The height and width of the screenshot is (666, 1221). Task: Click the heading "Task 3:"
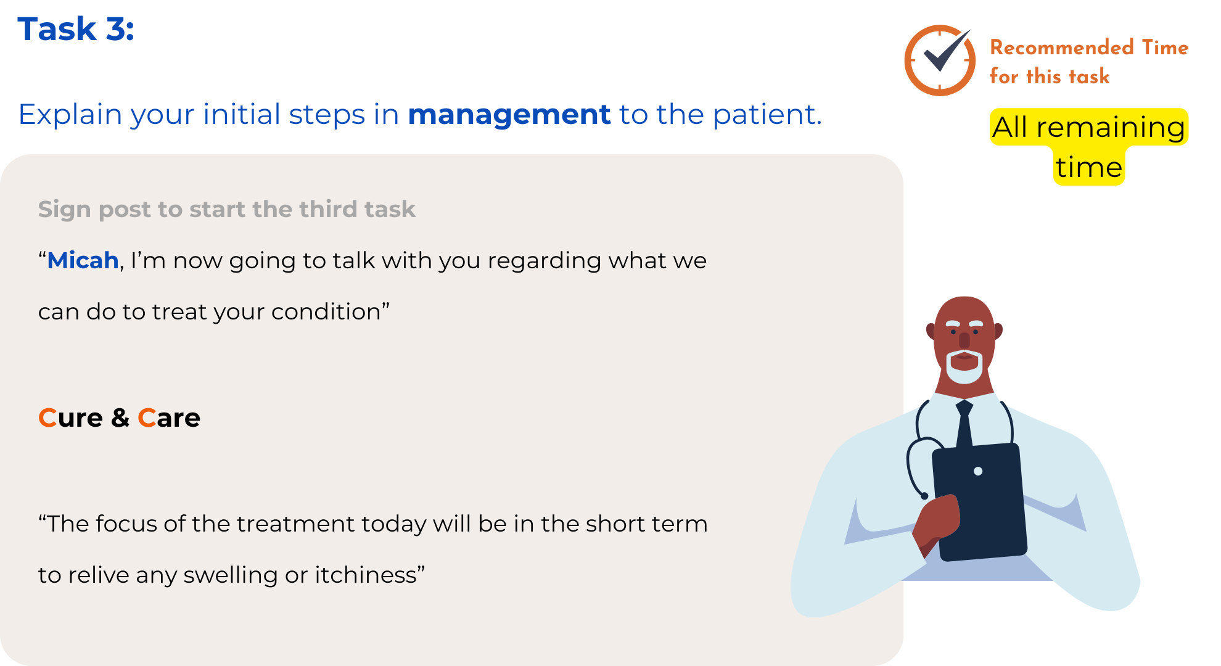tap(76, 29)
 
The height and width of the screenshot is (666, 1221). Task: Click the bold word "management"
tap(509, 115)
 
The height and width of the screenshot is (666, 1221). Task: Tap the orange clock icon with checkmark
tap(940, 60)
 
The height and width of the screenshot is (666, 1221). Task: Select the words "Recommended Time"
tap(1089, 47)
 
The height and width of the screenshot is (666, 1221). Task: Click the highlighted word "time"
tap(1089, 166)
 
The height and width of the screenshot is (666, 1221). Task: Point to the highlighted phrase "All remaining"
tap(1089, 128)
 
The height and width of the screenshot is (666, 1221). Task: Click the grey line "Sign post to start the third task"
tap(227, 210)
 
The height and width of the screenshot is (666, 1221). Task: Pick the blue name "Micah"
tap(83, 260)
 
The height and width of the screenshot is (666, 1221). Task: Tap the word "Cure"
tap(70, 418)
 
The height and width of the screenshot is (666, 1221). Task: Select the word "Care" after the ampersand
tap(169, 418)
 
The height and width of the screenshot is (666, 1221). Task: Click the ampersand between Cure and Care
tap(120, 418)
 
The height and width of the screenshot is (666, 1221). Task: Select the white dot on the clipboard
tap(978, 471)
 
